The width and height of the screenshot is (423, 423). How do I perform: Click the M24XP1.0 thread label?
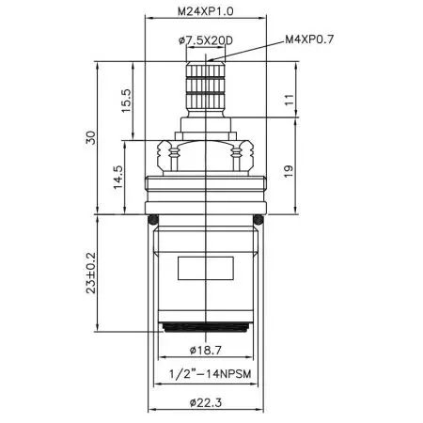(206, 12)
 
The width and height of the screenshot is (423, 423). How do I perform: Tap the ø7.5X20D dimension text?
(206, 40)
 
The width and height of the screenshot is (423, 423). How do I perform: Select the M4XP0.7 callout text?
(309, 39)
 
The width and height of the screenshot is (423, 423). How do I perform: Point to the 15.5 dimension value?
(127, 101)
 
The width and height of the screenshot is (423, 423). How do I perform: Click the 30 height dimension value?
(91, 137)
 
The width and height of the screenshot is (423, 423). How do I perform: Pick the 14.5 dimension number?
(118, 177)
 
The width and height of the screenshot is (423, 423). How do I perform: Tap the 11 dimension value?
(290, 100)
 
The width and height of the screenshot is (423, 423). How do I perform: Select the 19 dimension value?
(289, 171)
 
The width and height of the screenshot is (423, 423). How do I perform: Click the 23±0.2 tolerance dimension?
(91, 273)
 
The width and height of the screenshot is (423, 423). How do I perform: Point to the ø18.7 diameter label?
(206, 350)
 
